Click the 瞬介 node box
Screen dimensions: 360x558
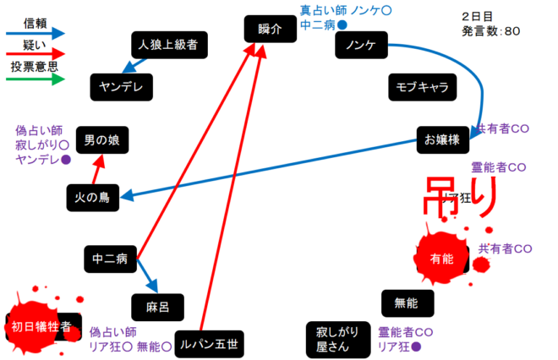(x=271, y=29)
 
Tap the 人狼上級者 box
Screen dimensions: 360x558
(x=169, y=45)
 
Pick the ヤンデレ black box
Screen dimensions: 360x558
(x=120, y=86)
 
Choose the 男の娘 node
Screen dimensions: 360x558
(x=101, y=140)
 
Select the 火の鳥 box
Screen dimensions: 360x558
(x=93, y=197)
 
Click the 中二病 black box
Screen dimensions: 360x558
(x=110, y=258)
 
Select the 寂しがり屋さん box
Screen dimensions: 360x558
(x=337, y=338)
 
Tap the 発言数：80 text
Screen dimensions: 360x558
(x=491, y=32)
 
